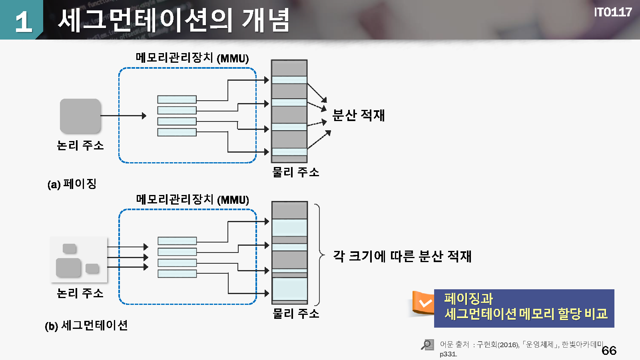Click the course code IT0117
[x=612, y=12]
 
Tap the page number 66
[x=609, y=350]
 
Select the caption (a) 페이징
[x=72, y=184]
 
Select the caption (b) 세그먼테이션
[x=86, y=325]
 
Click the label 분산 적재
[x=358, y=115]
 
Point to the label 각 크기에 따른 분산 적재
[x=402, y=256]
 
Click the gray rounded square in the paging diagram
[x=80, y=116]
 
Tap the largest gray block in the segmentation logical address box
[x=68, y=267]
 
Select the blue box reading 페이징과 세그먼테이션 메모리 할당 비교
[x=524, y=308]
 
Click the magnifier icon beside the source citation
[x=427, y=344]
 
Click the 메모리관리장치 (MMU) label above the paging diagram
[x=192, y=58]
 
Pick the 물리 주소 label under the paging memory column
[x=295, y=172]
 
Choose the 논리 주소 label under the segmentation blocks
[x=80, y=293]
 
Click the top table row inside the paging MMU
[x=177, y=99]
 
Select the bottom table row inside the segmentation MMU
[x=177, y=274]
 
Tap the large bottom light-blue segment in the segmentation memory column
[x=289, y=288]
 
